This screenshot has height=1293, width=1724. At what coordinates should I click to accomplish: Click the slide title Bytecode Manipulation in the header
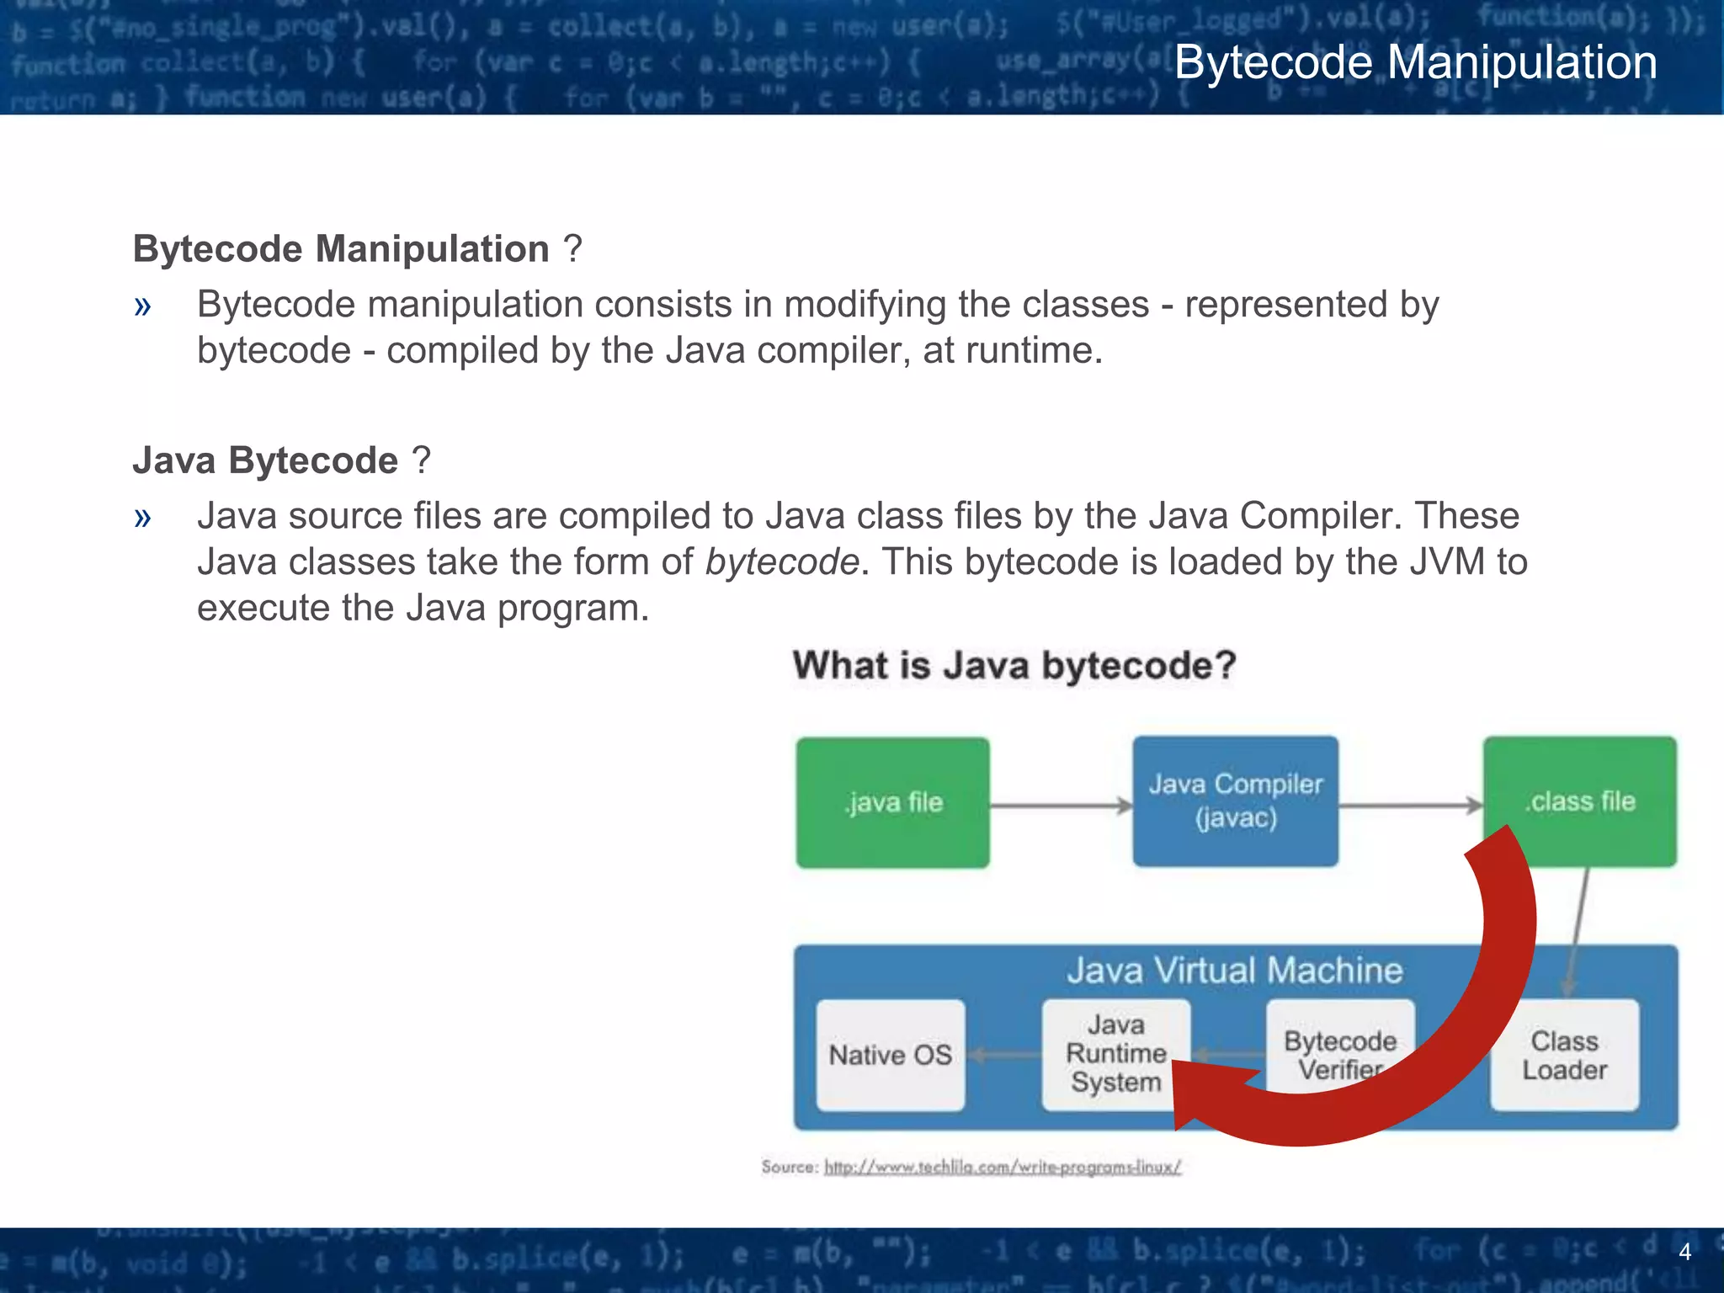[x=1415, y=62]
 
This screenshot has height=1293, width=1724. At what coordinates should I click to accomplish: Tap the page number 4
[x=1684, y=1252]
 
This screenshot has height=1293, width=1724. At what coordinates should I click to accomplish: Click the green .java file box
[x=893, y=802]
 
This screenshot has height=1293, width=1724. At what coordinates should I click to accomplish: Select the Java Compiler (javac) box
[x=1235, y=801]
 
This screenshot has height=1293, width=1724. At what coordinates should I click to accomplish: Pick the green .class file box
[x=1580, y=801]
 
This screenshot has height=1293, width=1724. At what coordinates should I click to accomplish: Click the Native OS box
[x=890, y=1055]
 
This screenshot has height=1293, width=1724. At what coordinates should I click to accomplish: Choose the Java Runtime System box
[x=1115, y=1053]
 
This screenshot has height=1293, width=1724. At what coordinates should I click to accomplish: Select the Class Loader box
[x=1564, y=1055]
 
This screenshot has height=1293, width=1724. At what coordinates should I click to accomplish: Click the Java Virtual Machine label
[x=1235, y=971]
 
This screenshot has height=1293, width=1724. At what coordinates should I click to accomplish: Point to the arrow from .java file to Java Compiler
[x=1061, y=806]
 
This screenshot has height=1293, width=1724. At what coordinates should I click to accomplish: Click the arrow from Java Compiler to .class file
[x=1410, y=806]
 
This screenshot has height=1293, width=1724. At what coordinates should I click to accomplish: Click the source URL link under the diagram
[x=1002, y=1167]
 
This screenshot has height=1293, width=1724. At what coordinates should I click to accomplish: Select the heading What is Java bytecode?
[x=1014, y=665]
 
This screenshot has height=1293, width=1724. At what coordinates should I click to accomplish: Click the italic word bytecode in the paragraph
[x=782, y=561]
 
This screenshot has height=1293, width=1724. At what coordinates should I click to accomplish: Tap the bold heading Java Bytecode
[x=265, y=460]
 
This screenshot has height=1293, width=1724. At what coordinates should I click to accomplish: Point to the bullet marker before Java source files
[x=142, y=517]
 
